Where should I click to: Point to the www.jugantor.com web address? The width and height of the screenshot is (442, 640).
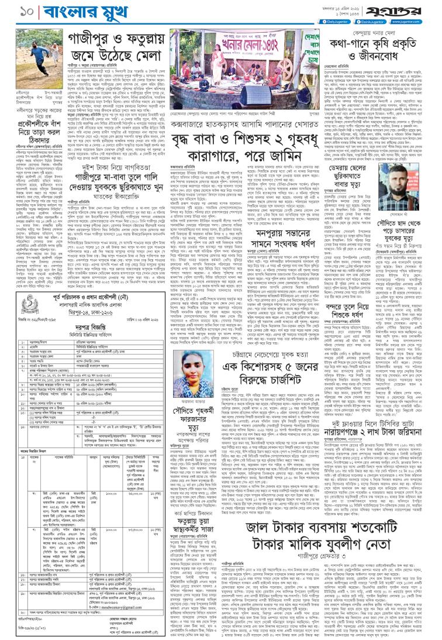click(419, 19)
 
